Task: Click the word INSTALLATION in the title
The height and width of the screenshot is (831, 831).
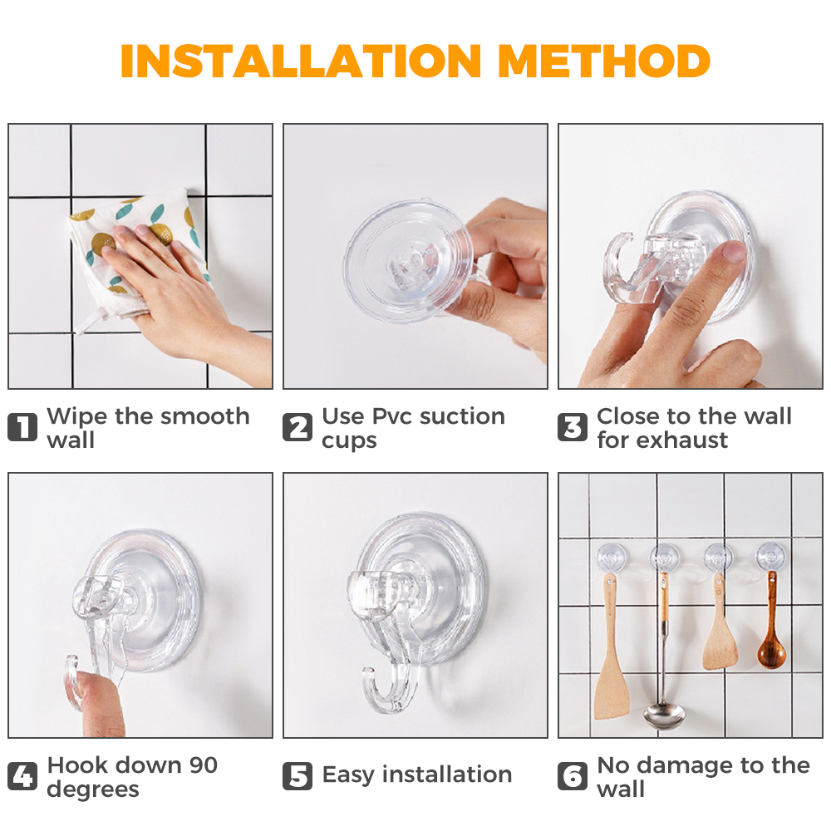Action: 301,61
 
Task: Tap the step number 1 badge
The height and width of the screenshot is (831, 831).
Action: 22,427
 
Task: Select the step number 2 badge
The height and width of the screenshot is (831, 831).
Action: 297,427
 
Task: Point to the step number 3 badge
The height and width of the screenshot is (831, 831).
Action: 573,427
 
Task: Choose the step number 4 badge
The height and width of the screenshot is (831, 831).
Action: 22,776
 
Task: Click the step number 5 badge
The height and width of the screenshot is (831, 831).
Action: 297,776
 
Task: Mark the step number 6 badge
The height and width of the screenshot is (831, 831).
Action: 573,776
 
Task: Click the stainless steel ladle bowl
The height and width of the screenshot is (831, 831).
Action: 664,715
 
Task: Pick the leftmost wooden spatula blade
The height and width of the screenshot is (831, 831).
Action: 611,689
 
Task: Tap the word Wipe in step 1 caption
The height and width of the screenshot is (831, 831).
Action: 77,416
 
